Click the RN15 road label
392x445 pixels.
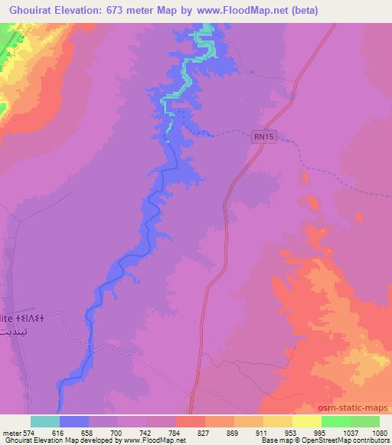tap(264, 136)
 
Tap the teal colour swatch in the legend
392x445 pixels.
tap(45, 421)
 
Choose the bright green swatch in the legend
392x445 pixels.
tap(336, 421)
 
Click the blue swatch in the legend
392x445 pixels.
tap(74, 421)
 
